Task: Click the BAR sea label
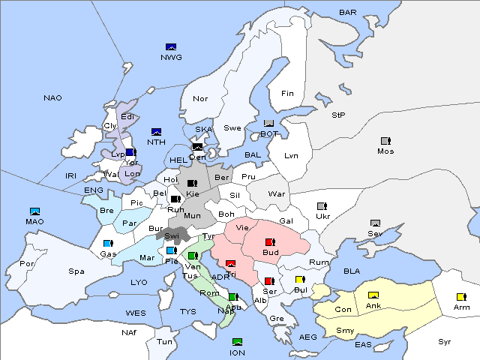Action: point(347,12)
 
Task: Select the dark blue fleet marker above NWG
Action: point(170,47)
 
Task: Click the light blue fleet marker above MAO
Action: point(34,212)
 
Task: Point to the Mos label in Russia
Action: point(385,151)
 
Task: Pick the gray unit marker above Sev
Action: point(375,223)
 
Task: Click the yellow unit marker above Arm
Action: point(460,297)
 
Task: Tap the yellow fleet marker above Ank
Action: point(373,295)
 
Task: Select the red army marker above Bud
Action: point(270,242)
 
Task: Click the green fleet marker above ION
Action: point(238,342)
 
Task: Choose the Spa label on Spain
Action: point(76,271)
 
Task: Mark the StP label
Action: point(338,115)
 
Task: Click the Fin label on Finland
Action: point(287,94)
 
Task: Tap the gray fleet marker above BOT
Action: point(269,124)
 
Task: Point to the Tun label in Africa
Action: point(164,341)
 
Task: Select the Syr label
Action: point(445,341)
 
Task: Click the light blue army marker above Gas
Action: point(108,244)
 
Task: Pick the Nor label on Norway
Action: point(200,98)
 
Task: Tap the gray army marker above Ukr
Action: point(322,206)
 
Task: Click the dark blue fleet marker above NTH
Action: point(157,132)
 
